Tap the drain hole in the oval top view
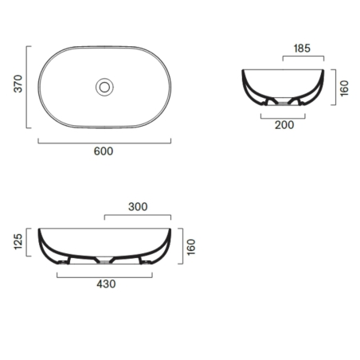pyautogui.click(x=104, y=86)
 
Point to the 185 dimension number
pyautogui.click(x=303, y=49)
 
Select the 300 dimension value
pyautogui.click(x=138, y=206)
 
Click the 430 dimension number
pyautogui.click(x=104, y=284)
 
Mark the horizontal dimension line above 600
pyautogui.click(x=104, y=142)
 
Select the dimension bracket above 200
pyautogui.click(x=284, y=113)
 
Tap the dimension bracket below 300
pyautogui.click(x=138, y=216)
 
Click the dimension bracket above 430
pyautogui.click(x=104, y=274)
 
